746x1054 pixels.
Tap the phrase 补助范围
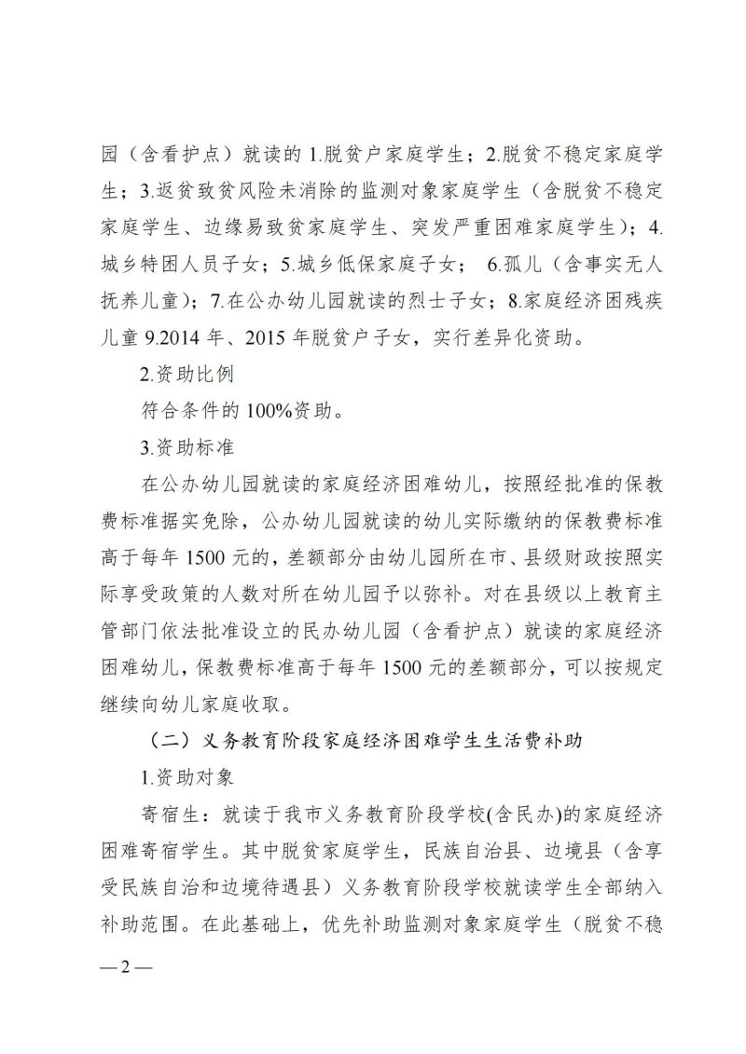point(149,921)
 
